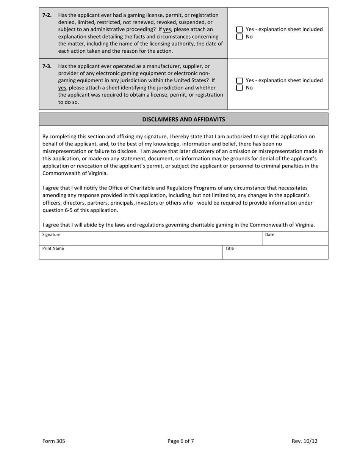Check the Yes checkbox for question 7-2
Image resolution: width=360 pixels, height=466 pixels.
pyautogui.click(x=239, y=30)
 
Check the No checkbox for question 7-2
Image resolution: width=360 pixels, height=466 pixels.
pyautogui.click(x=239, y=37)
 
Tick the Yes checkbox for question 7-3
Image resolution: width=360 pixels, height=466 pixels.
pyautogui.click(x=239, y=81)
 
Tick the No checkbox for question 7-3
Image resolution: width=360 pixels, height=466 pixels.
pyautogui.click(x=239, y=88)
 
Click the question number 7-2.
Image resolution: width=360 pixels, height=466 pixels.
pyautogui.click(x=47, y=15)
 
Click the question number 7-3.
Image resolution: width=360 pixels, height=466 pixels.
pyautogui.click(x=47, y=66)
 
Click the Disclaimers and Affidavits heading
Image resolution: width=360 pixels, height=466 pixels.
pyautogui.click(x=183, y=119)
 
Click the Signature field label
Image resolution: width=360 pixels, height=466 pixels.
pyautogui.click(x=51, y=235)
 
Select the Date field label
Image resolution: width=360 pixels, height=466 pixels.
pyautogui.click(x=269, y=235)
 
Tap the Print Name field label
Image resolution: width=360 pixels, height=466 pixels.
pyautogui.click(x=53, y=249)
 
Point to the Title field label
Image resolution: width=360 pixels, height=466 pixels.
pyautogui.click(x=230, y=249)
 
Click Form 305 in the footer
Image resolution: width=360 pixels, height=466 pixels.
pyautogui.click(x=53, y=441)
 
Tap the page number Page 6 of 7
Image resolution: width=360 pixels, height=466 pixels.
pyautogui.click(x=181, y=441)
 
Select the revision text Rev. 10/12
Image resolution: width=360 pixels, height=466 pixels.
pyautogui.click(x=304, y=441)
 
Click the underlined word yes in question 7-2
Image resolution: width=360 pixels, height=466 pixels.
pyautogui.click(x=167, y=30)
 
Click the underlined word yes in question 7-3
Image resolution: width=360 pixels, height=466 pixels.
pyautogui.click(x=62, y=88)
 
